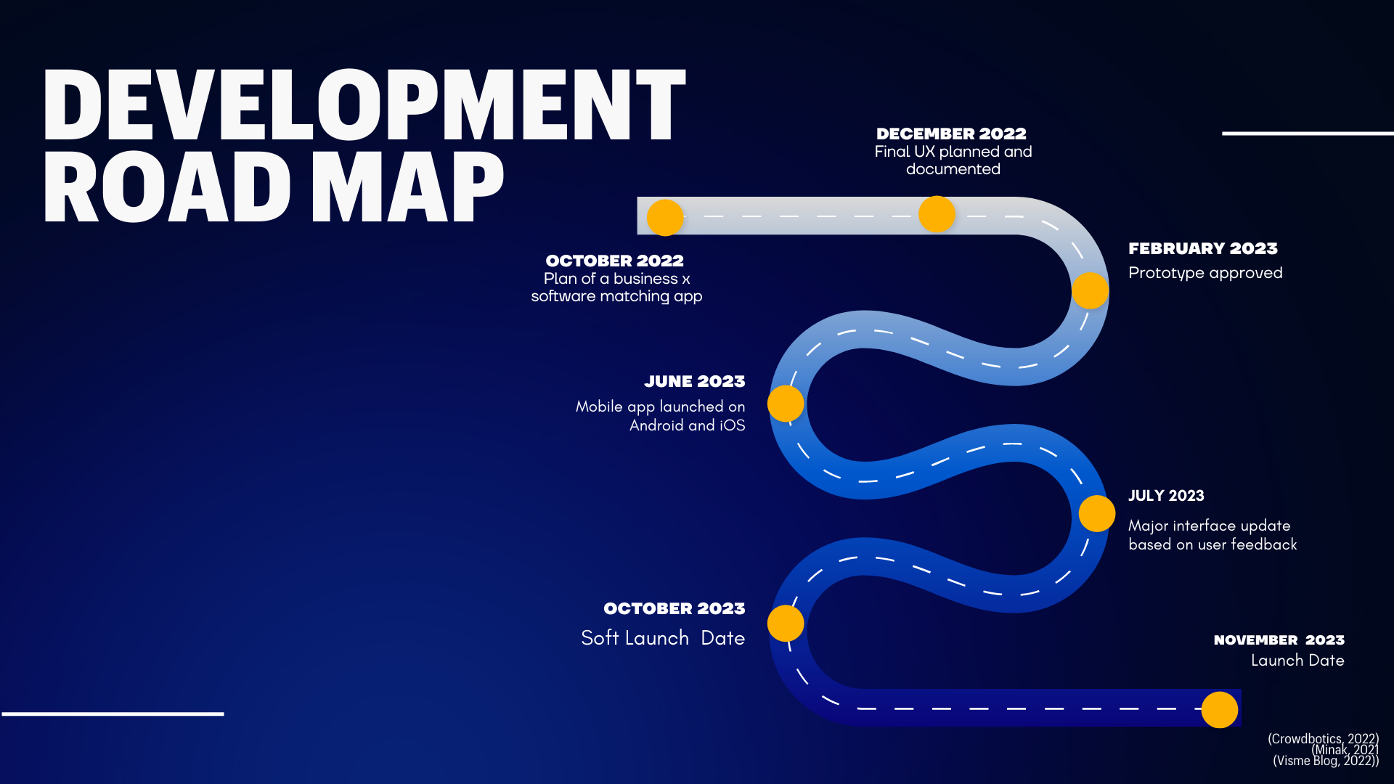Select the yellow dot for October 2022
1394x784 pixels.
coord(665,217)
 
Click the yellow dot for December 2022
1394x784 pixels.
coord(937,214)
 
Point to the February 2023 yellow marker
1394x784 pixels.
coord(1090,290)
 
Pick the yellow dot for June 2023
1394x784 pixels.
coord(786,404)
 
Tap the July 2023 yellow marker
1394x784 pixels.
coord(1096,513)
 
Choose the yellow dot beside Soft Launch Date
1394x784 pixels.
coord(786,623)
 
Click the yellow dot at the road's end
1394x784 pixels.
coord(1219,709)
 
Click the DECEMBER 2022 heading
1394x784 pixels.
coord(951,134)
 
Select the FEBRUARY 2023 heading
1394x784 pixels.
coord(1202,249)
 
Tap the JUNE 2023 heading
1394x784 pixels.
coord(694,382)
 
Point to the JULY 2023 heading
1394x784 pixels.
coord(1165,496)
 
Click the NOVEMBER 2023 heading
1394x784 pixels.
coord(1279,640)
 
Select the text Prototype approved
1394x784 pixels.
coord(1205,273)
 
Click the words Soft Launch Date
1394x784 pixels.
coord(662,638)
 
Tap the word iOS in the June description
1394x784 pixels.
coord(732,425)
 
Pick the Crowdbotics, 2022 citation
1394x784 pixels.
coord(1323,738)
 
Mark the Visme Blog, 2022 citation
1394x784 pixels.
coord(1325,761)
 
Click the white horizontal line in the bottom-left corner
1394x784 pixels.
coord(113,714)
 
